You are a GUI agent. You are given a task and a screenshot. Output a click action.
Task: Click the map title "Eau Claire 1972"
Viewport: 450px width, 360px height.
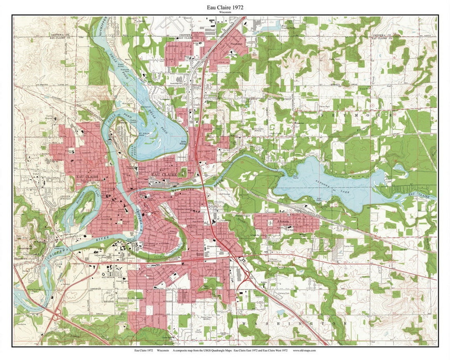click(x=225, y=7)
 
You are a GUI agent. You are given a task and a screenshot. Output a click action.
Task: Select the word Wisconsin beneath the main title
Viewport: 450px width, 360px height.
click(x=225, y=12)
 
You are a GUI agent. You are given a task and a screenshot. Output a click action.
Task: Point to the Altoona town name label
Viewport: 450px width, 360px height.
click(x=284, y=222)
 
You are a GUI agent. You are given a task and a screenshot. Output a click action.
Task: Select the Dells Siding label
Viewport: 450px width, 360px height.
click(x=182, y=143)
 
